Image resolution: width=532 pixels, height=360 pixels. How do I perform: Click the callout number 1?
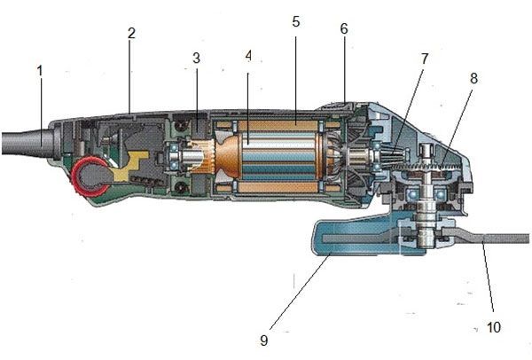pos(40,69)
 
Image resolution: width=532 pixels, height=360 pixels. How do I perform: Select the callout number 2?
pos(131,34)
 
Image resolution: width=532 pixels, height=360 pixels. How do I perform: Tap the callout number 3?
pos(196,59)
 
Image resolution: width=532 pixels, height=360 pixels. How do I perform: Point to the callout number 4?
pos(249,55)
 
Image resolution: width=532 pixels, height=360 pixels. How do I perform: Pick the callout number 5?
pos(295,20)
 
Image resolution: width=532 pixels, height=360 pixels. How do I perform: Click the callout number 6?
pos(343,27)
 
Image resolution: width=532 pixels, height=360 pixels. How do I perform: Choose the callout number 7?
pos(425,59)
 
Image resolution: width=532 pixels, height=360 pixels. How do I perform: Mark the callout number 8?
pos(473,78)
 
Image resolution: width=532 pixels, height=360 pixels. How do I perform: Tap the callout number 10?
pos(494,327)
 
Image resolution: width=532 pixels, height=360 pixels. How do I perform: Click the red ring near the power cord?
pos(90,176)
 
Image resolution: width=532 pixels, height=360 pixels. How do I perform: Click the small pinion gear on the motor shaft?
pos(389,160)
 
